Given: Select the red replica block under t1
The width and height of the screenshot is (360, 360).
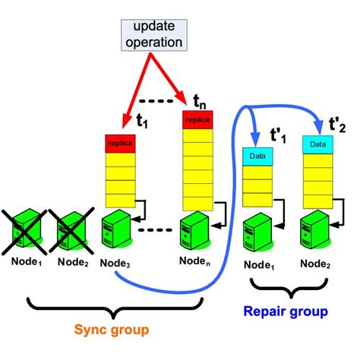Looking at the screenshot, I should (120, 142).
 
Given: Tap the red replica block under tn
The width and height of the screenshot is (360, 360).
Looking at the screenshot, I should (197, 120).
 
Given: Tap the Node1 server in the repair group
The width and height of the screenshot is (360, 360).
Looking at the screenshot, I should (254, 230).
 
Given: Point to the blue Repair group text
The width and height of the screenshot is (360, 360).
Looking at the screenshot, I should (286, 311).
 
